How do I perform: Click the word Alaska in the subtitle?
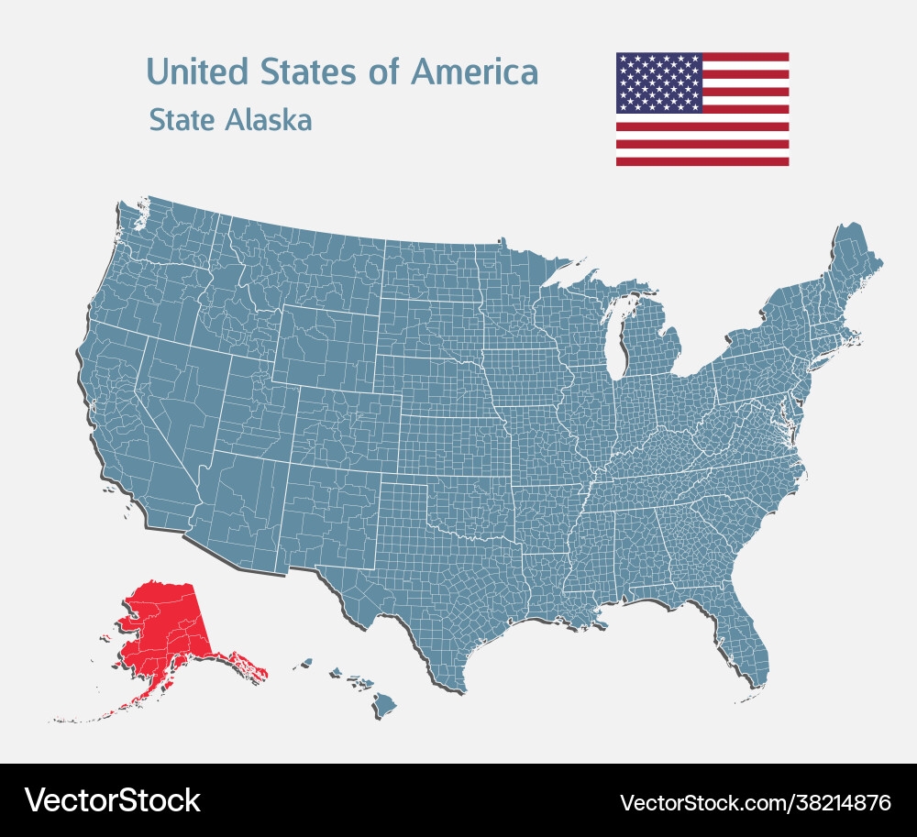tap(269, 120)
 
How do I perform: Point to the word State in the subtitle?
tap(181, 120)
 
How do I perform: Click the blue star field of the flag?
tap(658, 83)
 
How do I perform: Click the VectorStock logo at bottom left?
tap(112, 800)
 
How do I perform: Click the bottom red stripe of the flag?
tap(702, 161)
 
